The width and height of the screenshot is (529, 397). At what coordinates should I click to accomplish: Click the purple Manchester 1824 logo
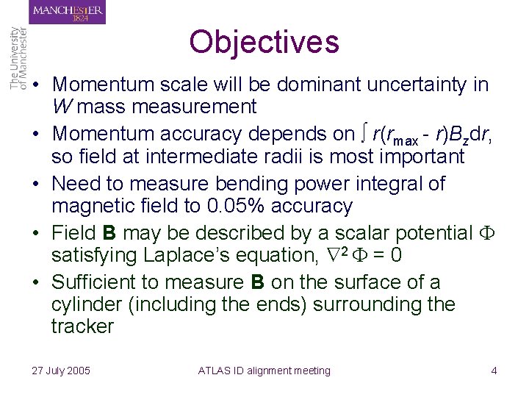coord(68,12)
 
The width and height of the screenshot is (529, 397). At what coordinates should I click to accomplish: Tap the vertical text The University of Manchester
coord(18,59)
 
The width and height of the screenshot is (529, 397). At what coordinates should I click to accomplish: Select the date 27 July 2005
coord(61,371)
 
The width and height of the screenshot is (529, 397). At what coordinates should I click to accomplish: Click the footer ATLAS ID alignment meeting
coord(264,371)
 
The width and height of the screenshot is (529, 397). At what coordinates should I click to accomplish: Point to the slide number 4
coord(494,371)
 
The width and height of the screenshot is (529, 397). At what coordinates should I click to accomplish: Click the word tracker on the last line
coord(82,326)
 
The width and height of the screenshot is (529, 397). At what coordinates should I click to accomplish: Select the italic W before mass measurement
coord(62,107)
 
